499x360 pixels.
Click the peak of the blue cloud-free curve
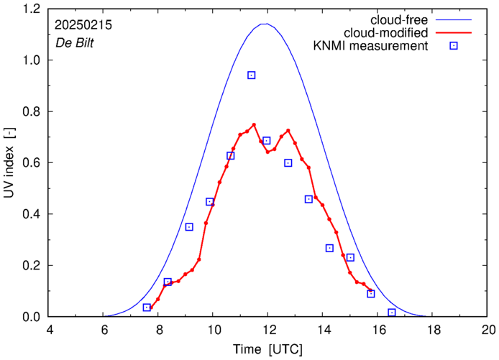[x=266, y=24]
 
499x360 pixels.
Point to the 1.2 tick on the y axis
[x=31, y=9]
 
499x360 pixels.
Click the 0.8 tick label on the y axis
[x=31, y=112]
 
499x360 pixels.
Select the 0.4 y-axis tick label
[x=31, y=214]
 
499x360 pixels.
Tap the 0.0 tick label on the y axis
[x=31, y=317]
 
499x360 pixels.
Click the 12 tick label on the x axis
[x=268, y=331]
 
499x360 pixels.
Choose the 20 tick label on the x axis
[x=488, y=331]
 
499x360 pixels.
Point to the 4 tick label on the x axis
[x=49, y=331]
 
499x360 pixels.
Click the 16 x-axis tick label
[x=378, y=331]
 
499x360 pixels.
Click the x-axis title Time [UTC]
[x=268, y=349]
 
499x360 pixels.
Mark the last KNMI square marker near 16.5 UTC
[x=392, y=313]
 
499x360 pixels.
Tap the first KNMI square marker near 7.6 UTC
[x=147, y=308]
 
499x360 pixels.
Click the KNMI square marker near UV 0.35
[x=189, y=227]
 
